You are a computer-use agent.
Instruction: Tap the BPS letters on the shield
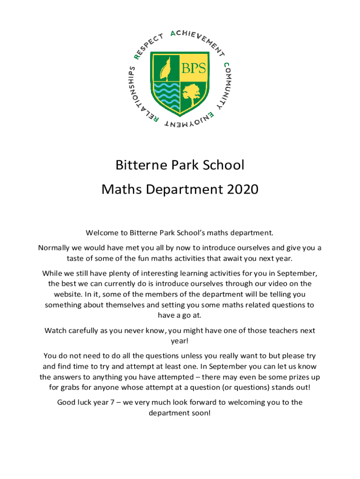(194, 68)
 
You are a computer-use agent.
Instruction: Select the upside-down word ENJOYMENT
(190, 121)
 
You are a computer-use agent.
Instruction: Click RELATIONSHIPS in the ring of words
(135, 98)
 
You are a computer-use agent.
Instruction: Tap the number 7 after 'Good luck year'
(111, 402)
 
